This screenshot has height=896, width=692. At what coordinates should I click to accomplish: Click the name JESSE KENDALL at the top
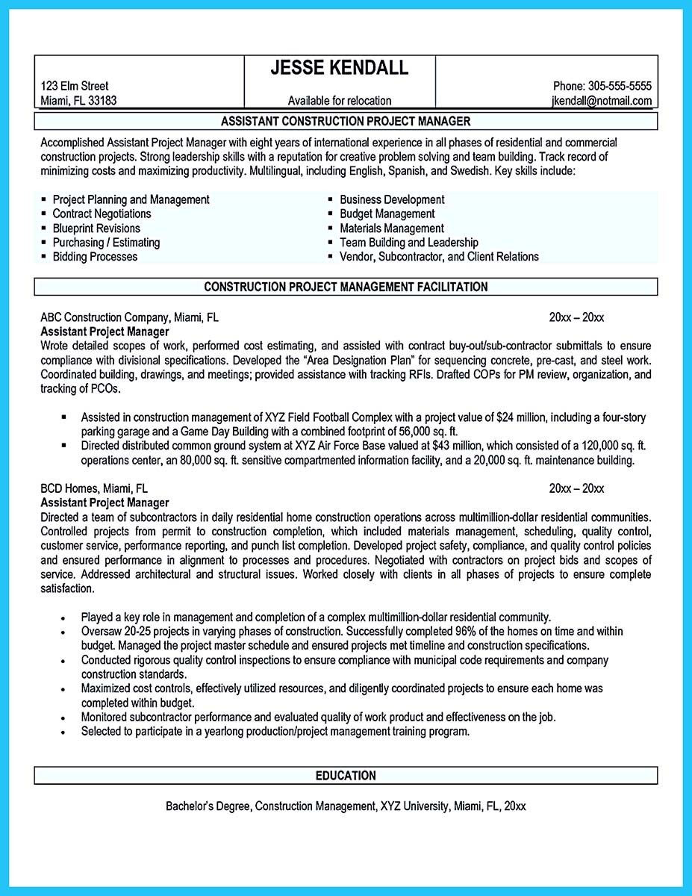(x=340, y=68)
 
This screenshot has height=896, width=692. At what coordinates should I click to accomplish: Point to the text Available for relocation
(x=340, y=101)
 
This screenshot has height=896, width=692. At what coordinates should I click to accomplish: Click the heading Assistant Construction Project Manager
(x=346, y=121)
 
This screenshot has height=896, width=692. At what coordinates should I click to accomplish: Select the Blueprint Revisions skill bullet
(x=96, y=228)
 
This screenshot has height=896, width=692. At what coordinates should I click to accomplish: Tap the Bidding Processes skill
(x=95, y=257)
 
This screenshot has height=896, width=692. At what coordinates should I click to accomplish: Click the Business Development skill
(x=392, y=200)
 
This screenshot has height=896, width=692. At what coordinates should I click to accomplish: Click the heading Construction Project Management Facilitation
(x=346, y=287)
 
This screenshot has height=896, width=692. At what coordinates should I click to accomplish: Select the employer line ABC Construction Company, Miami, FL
(x=130, y=317)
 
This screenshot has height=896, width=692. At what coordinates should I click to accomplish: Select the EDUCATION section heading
(x=346, y=776)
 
